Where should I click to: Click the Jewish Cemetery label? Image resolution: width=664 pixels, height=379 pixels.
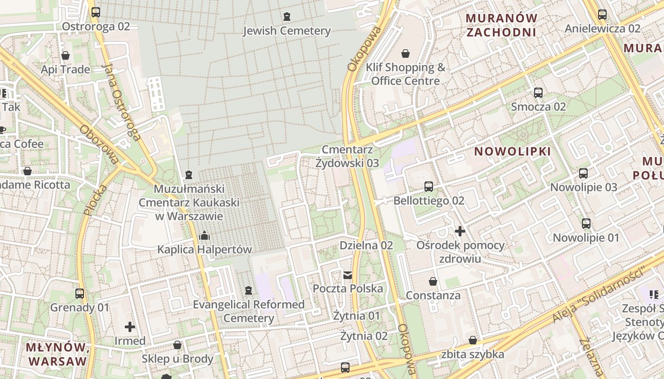coord(286,31)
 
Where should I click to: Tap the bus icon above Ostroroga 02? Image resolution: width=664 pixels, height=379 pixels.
coord(96,12)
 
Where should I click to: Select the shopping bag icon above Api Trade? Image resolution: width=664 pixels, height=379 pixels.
coord(65,55)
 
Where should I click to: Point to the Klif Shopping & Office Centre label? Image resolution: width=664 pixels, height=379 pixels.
coord(406,74)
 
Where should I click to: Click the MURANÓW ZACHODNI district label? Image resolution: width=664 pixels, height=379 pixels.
coord(502,25)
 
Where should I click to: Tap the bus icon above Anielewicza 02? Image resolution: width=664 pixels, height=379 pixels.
coord(602,15)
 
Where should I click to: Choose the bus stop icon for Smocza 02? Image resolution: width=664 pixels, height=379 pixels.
coord(538,93)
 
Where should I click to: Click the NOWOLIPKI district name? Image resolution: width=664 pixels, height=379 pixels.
coord(513,152)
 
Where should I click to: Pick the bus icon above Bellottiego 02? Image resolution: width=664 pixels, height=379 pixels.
coord(429,187)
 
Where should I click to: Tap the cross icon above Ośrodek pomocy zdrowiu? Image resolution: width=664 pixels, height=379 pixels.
coord(460,231)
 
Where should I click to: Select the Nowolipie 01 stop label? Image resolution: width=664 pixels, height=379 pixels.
coord(586,237)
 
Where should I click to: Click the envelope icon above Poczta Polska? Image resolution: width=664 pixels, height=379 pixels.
coord(348,275)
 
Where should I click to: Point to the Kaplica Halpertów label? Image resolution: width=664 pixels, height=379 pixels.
coord(204,249)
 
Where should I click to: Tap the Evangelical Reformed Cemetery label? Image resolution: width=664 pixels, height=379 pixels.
coord(249,311)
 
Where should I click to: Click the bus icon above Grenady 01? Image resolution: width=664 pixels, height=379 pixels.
coord(80,294)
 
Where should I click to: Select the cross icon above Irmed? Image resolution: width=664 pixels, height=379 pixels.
coord(130,327)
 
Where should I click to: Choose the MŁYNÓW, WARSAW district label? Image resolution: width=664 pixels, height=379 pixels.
coord(57,354)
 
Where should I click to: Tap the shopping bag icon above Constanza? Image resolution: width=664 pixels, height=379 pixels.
coord(433,282)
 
